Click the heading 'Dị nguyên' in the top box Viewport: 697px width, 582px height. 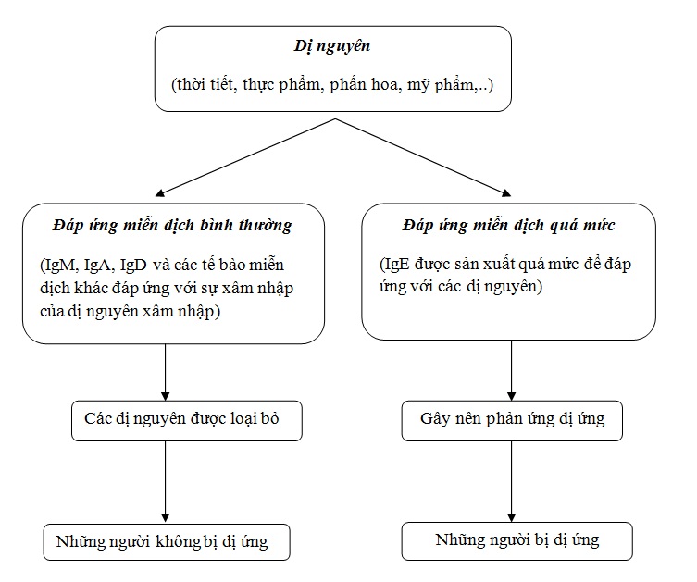(332, 46)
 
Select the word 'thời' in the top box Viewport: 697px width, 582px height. (190, 84)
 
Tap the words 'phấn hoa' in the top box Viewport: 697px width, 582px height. (363, 85)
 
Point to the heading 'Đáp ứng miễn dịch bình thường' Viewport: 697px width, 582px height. (172, 225)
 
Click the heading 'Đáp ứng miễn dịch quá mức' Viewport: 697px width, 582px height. (508, 225)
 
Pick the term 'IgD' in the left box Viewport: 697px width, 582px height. (133, 266)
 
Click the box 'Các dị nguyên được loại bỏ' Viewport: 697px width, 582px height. (187, 421)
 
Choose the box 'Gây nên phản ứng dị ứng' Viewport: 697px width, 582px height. (512, 421)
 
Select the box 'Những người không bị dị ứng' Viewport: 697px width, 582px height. (167, 542)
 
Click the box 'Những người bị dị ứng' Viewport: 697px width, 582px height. (517, 541)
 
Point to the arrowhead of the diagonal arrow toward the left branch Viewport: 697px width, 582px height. (160, 192)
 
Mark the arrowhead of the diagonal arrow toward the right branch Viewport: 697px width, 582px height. (506, 192)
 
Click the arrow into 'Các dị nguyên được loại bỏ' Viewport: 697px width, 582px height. (166, 372)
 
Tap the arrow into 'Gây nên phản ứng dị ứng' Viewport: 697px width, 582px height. (511, 370)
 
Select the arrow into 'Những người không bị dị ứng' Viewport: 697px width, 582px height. (166, 482)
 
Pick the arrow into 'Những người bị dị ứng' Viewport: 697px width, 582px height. (511, 481)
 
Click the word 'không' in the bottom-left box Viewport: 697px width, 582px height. (179, 542)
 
